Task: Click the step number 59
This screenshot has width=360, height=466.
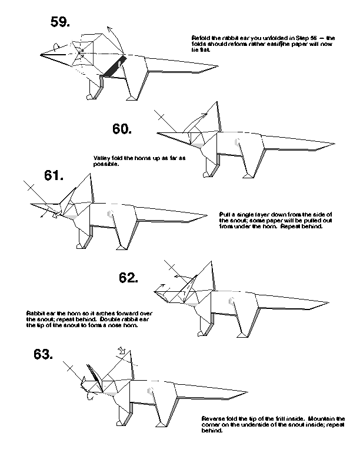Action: [61, 22]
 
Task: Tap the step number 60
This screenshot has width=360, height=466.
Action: [122, 128]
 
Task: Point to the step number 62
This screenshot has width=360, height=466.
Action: [128, 277]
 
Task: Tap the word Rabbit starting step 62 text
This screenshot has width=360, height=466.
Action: [34, 312]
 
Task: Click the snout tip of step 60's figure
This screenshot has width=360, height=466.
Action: [158, 134]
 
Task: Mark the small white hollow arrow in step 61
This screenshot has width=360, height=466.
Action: [55, 215]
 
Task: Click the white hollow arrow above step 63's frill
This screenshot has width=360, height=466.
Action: [122, 352]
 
